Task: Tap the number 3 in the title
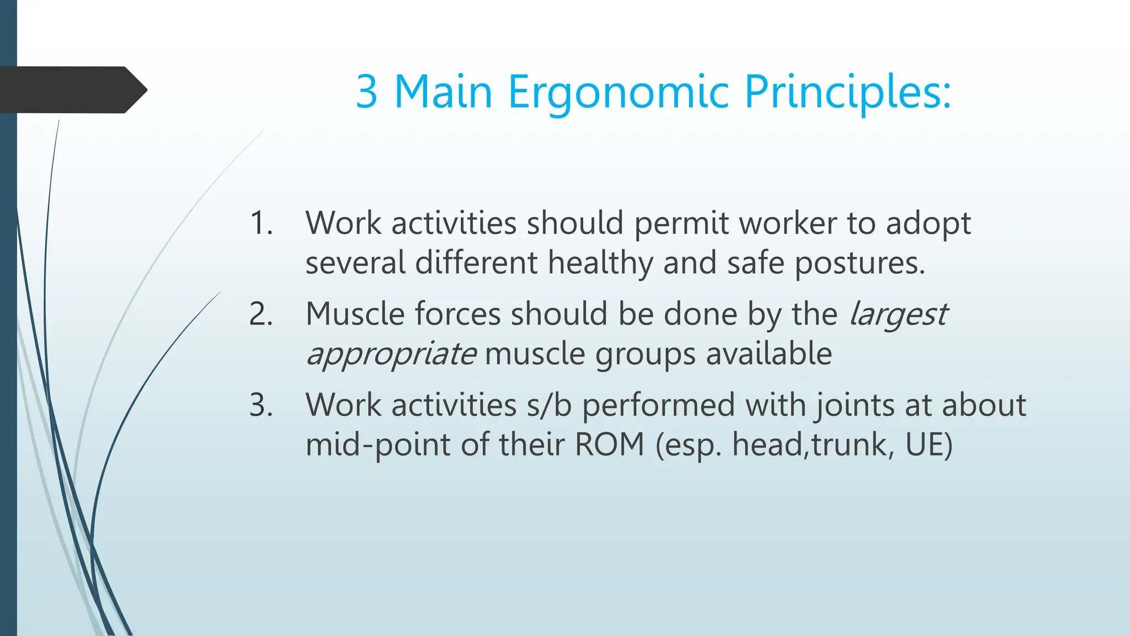[x=367, y=92]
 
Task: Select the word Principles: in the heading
[x=847, y=93]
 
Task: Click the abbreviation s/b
[x=548, y=405]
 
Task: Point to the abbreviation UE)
[x=929, y=444]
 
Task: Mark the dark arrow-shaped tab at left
[x=72, y=90]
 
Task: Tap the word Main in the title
[x=443, y=92]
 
